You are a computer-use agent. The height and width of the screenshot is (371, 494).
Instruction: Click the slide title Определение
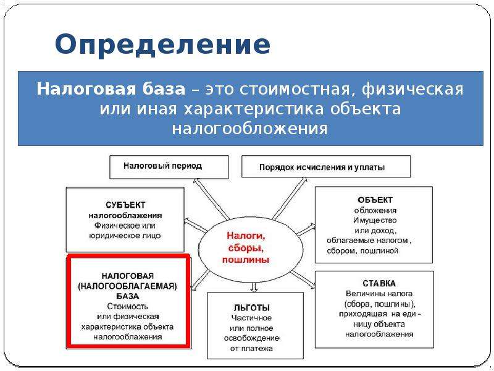[x=162, y=45]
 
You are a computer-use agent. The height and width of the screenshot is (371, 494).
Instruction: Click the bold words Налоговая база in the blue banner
[x=111, y=89]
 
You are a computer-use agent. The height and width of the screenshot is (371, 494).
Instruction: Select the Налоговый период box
[x=169, y=167]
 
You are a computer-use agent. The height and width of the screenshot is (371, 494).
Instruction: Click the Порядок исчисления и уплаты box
[x=326, y=166]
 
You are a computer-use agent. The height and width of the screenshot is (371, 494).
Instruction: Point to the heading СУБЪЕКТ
[x=125, y=205]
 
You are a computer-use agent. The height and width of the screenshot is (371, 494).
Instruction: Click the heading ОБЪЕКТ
[x=375, y=200]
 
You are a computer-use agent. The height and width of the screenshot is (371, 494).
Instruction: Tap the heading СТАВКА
[x=379, y=283]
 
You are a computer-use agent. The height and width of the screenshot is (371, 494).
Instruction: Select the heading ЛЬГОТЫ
[x=252, y=307]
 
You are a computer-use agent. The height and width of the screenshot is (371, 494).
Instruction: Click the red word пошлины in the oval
[x=246, y=260]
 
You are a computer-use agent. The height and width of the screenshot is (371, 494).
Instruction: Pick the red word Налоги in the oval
[x=246, y=236]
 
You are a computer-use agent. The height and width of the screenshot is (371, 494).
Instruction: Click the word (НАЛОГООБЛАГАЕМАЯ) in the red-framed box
[x=128, y=286]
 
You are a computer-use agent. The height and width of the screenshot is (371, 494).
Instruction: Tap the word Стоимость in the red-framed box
[x=128, y=306]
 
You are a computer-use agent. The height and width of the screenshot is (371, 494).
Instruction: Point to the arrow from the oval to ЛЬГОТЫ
[x=254, y=287]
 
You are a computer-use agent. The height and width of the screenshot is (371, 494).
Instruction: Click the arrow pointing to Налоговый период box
[x=211, y=199]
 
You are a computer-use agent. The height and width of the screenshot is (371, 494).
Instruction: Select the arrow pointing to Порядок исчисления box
[x=290, y=198]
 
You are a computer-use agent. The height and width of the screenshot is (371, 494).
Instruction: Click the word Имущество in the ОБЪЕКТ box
[x=375, y=220]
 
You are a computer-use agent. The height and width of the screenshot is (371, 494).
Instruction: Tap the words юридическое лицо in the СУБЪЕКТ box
[x=125, y=236]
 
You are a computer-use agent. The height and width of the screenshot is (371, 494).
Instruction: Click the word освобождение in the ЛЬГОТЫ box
[x=252, y=338]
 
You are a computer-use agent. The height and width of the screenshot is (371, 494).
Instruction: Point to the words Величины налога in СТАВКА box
[x=379, y=294]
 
